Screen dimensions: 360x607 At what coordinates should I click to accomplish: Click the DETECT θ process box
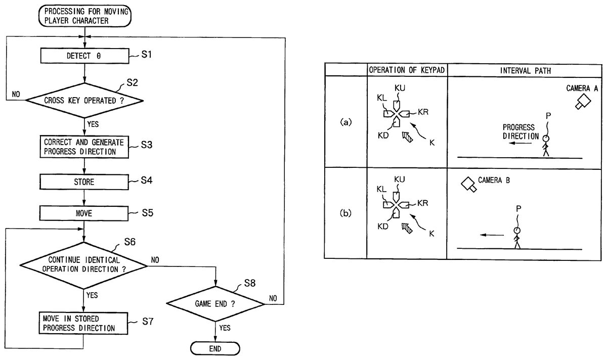pyautogui.click(x=84, y=56)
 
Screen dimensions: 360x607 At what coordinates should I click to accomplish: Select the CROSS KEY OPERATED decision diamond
pyautogui.click(x=84, y=100)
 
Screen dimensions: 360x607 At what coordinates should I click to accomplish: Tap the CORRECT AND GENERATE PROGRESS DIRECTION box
pyautogui.click(x=84, y=146)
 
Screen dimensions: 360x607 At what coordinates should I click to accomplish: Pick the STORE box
pyautogui.click(x=84, y=182)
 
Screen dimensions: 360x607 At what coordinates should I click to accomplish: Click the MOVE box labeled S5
pyautogui.click(x=84, y=213)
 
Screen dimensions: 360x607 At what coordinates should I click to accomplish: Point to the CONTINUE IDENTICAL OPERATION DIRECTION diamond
pyautogui.click(x=84, y=264)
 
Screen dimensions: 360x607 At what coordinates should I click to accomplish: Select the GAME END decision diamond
pyautogui.click(x=215, y=304)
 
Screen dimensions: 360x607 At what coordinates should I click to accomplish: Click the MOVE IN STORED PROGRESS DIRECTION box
pyautogui.click(x=84, y=323)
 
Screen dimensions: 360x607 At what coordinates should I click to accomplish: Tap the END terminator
pyautogui.click(x=215, y=349)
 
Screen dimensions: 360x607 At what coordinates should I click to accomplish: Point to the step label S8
pyautogui.click(x=249, y=283)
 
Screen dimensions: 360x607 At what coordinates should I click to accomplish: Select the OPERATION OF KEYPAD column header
pyautogui.click(x=407, y=70)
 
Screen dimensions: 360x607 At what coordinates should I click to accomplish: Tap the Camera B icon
pyautogui.click(x=468, y=184)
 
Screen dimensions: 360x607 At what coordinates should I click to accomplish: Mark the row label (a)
pyautogui.click(x=346, y=122)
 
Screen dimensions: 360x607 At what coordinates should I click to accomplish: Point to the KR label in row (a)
pyautogui.click(x=423, y=111)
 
